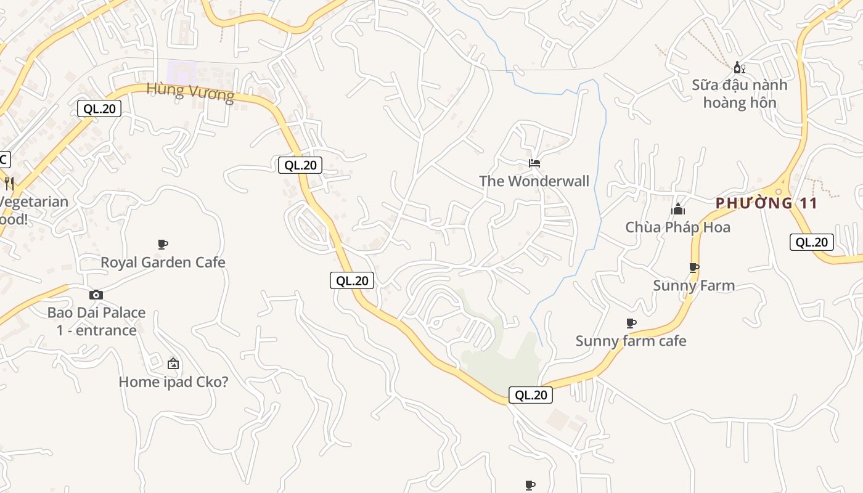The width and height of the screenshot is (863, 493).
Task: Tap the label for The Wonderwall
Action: pos(534,181)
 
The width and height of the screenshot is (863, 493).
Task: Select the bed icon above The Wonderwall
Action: pos(534,163)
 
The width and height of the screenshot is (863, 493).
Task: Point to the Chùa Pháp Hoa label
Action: pos(677,227)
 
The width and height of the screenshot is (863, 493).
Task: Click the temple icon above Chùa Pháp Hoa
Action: pos(678,210)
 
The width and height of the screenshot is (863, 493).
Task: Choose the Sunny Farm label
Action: pos(693,285)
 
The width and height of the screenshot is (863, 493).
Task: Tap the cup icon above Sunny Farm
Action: pos(693,267)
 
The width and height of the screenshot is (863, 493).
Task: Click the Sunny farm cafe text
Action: pos(631,341)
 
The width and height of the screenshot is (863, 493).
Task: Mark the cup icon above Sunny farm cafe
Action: pos(631,323)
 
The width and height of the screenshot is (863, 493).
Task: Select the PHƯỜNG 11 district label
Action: pos(766,203)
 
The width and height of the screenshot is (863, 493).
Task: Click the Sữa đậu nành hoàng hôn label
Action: pos(739,93)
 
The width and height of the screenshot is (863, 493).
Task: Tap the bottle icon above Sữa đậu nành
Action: pos(739,67)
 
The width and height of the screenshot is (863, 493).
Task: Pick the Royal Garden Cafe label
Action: pos(163,263)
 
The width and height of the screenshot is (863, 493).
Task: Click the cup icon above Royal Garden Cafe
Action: pos(163,245)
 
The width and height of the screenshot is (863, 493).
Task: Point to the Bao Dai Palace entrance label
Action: pos(96,321)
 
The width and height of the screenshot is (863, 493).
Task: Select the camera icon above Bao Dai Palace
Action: pos(96,295)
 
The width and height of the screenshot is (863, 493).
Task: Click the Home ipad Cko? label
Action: pos(173,382)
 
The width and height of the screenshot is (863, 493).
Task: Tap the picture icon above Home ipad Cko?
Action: pos(173,364)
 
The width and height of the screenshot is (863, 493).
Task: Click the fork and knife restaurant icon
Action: pos(9,183)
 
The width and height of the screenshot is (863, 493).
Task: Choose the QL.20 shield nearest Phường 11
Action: pos(811,242)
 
